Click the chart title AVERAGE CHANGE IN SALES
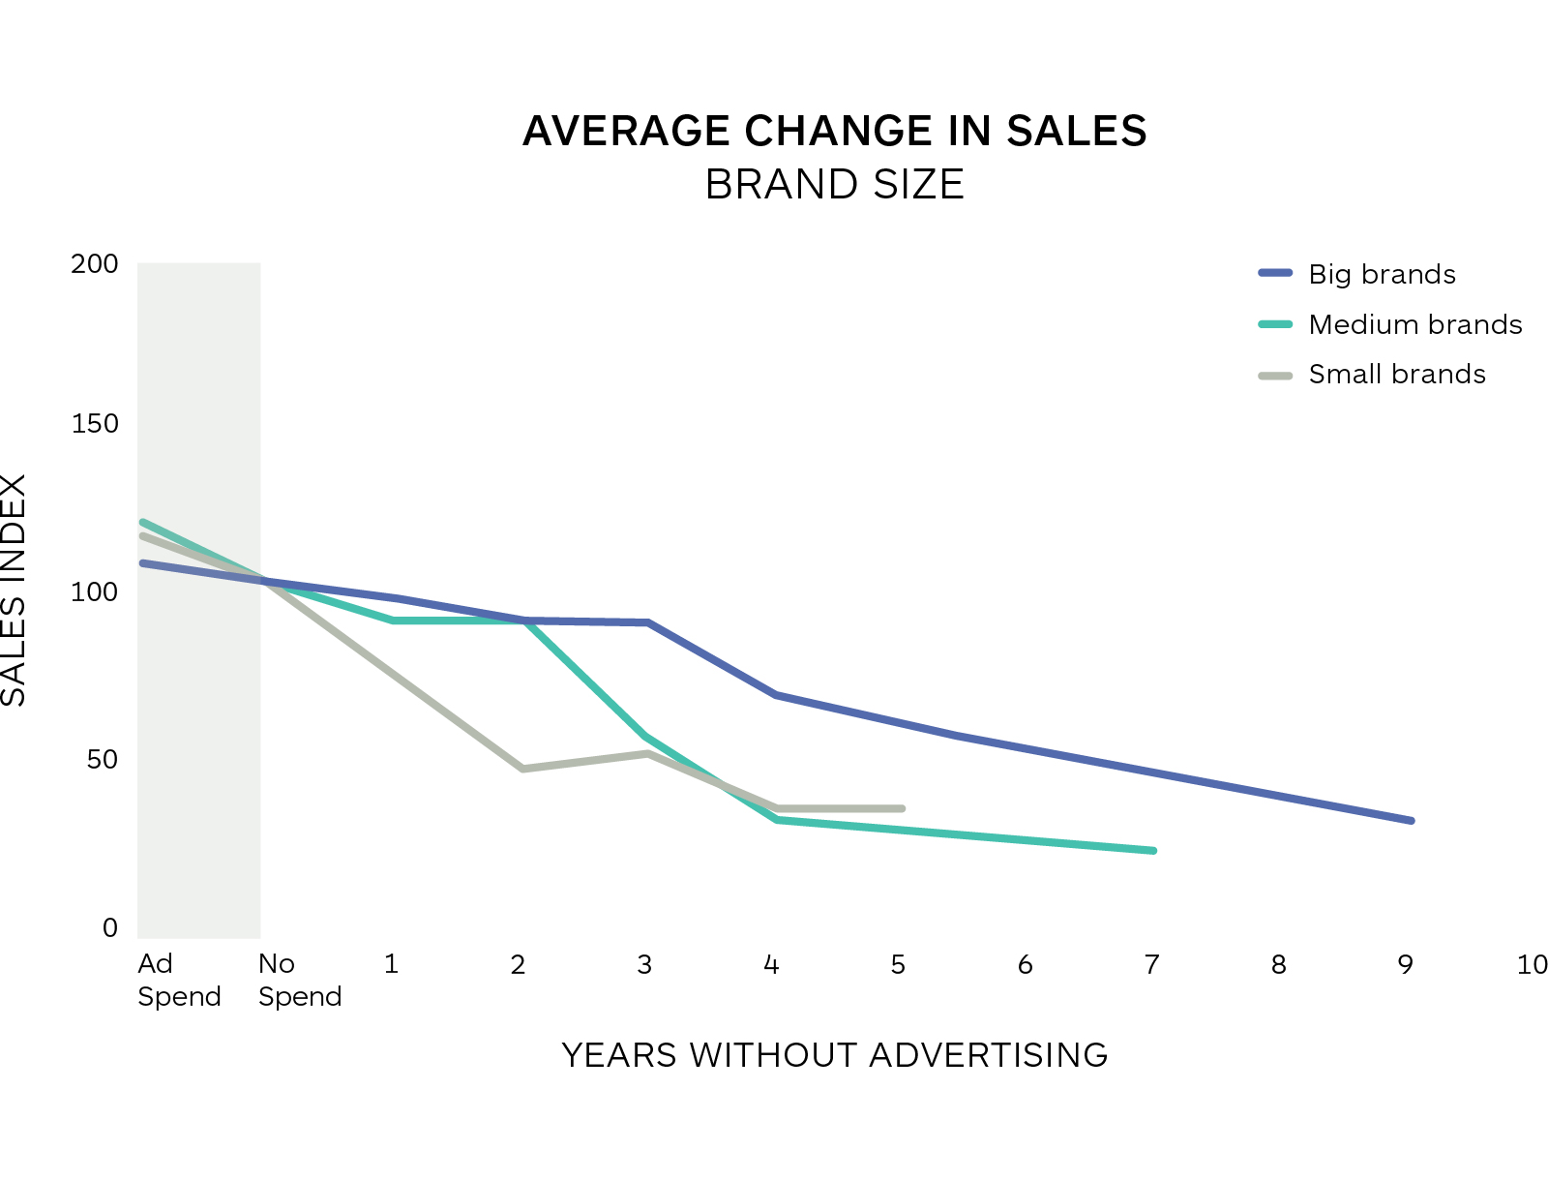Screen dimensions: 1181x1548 pyautogui.click(x=834, y=132)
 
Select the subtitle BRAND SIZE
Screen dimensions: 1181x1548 pyautogui.click(x=834, y=185)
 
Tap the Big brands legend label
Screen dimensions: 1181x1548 pyautogui.click(x=1381, y=275)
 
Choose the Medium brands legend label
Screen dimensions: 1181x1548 pyautogui.click(x=1414, y=325)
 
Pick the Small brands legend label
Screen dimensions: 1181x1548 pyautogui.click(x=1396, y=375)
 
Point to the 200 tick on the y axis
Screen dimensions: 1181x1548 pyautogui.click(x=95, y=264)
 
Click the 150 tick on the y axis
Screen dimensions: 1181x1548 pyautogui.click(x=95, y=424)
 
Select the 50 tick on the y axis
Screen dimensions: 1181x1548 pyautogui.click(x=103, y=760)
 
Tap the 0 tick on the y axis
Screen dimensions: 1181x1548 pyautogui.click(x=110, y=928)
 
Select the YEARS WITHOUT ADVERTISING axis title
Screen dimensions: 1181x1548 pyautogui.click(x=834, y=1055)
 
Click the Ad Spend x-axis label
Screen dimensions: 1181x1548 pyautogui.click(x=178, y=980)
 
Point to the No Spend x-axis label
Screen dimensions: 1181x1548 pyautogui.click(x=299, y=980)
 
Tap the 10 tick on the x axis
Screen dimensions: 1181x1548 pyautogui.click(x=1532, y=965)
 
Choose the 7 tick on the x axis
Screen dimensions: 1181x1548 pyautogui.click(x=1151, y=965)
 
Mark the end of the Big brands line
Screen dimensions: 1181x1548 pyautogui.click(x=1412, y=821)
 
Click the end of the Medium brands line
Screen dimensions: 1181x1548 pyautogui.click(x=1153, y=851)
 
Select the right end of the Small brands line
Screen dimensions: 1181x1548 pyautogui.click(x=902, y=808)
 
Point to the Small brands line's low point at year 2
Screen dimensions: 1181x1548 pyautogui.click(x=522, y=769)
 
